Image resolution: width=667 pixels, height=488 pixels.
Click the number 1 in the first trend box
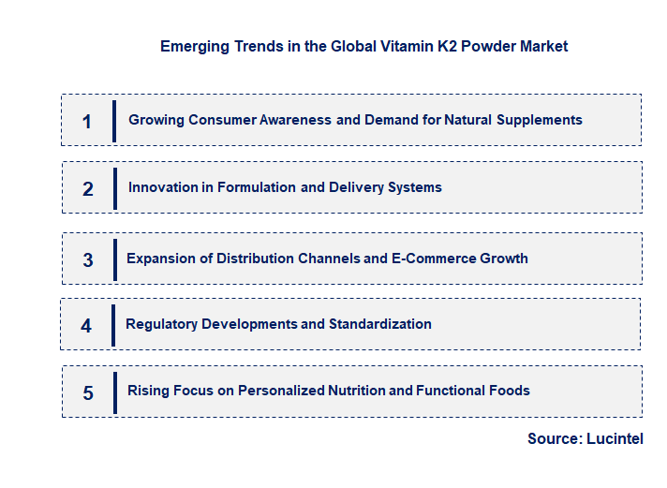click(x=87, y=121)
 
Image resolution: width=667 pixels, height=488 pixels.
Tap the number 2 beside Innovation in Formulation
click(x=88, y=189)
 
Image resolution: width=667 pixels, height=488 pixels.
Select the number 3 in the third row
click(x=88, y=260)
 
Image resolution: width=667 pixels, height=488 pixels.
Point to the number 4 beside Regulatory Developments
click(x=86, y=326)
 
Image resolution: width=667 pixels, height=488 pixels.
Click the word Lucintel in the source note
click(x=615, y=439)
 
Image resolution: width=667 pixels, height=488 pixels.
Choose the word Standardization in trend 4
click(x=380, y=324)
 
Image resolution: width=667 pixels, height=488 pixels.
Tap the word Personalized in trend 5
click(x=282, y=391)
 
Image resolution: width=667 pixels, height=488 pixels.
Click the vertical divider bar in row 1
click(x=114, y=121)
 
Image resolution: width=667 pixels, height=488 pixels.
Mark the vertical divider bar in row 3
click(x=114, y=259)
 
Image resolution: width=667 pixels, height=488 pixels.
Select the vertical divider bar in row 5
click(x=115, y=392)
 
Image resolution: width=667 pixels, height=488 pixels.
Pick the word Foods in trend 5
click(x=510, y=391)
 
